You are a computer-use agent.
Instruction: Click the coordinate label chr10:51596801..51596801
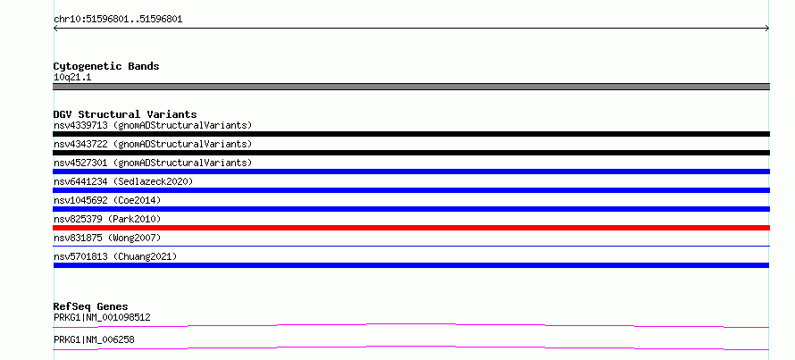pyautogui.click(x=118, y=20)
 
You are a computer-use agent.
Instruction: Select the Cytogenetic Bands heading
pyautogui.click(x=106, y=66)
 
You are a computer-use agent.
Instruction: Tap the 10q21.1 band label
pyautogui.click(x=72, y=78)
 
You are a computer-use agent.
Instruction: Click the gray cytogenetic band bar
pyautogui.click(x=411, y=87)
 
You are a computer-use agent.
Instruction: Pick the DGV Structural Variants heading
pyautogui.click(x=125, y=114)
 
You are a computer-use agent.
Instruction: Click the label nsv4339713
pyautogui.click(x=80, y=125)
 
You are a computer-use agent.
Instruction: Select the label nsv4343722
pyautogui.click(x=80, y=144)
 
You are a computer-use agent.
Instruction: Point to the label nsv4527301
pyautogui.click(x=80, y=163)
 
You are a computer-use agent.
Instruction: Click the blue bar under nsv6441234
pyautogui.click(x=411, y=190)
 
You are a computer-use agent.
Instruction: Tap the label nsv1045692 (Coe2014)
pyautogui.click(x=107, y=200)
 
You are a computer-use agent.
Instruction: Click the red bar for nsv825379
pyautogui.click(x=411, y=228)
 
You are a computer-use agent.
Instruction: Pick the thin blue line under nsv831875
pyautogui.click(x=411, y=247)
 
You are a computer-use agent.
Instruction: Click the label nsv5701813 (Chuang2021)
pyautogui.click(x=115, y=256)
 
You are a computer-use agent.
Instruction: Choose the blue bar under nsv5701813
pyautogui.click(x=411, y=265)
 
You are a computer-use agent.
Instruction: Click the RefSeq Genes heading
pyautogui.click(x=91, y=306)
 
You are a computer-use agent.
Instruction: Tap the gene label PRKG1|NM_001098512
pyautogui.click(x=102, y=318)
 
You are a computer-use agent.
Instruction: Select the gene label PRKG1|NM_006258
pyautogui.click(x=94, y=339)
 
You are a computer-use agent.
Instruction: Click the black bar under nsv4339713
pyautogui.click(x=411, y=134)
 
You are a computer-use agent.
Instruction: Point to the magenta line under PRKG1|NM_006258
pyautogui.click(x=411, y=347)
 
